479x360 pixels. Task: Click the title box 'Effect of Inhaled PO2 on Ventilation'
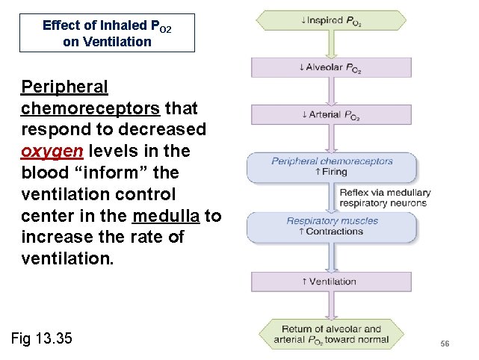pos(107,33)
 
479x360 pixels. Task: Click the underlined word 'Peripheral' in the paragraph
pos(65,87)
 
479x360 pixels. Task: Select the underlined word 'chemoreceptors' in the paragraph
pos(90,109)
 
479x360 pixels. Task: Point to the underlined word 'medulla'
pos(166,216)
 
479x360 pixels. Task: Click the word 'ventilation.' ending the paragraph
pos(67,259)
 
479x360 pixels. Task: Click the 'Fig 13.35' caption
pos(42,338)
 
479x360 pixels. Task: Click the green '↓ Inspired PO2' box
pos(332,22)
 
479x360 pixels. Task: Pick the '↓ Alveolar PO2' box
pos(332,67)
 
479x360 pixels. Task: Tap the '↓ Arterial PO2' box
pos(332,114)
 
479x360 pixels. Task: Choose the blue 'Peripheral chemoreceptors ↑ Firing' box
pos(332,166)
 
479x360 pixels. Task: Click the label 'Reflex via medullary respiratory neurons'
pos(385,198)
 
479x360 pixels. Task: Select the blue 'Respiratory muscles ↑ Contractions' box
pos(332,226)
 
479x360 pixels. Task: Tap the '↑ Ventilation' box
pos(332,282)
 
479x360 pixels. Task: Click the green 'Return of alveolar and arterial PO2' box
pos(332,334)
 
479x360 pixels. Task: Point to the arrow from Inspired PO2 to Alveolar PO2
pos(332,45)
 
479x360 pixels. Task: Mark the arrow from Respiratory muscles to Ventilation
pos(332,255)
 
